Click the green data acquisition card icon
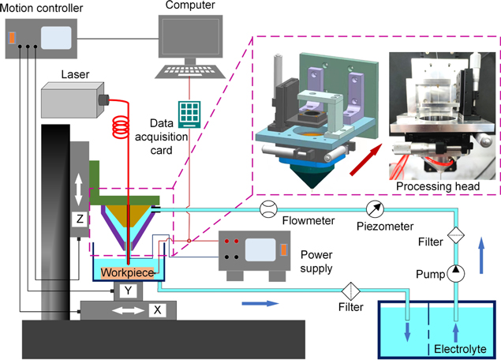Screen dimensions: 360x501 click(189, 113)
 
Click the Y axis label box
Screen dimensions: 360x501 click(128, 290)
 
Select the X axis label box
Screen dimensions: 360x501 click(158, 310)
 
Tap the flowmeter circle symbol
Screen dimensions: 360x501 click(267, 210)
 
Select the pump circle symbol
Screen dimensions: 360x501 click(455, 274)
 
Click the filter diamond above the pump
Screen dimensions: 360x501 click(455, 235)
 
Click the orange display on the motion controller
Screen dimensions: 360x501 click(12, 37)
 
